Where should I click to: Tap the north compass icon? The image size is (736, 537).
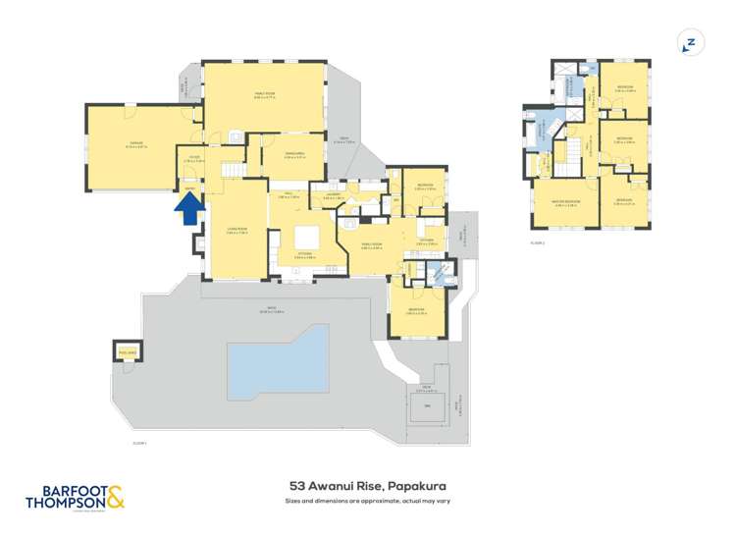point(691,43)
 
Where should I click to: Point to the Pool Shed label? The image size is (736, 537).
point(127,350)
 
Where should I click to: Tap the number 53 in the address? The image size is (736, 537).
point(296,485)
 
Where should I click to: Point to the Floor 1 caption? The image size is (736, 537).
point(139,444)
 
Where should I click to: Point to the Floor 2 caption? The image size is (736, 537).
point(538,242)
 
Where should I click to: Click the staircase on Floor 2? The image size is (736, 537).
point(570,152)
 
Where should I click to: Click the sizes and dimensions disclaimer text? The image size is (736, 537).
point(368,501)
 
